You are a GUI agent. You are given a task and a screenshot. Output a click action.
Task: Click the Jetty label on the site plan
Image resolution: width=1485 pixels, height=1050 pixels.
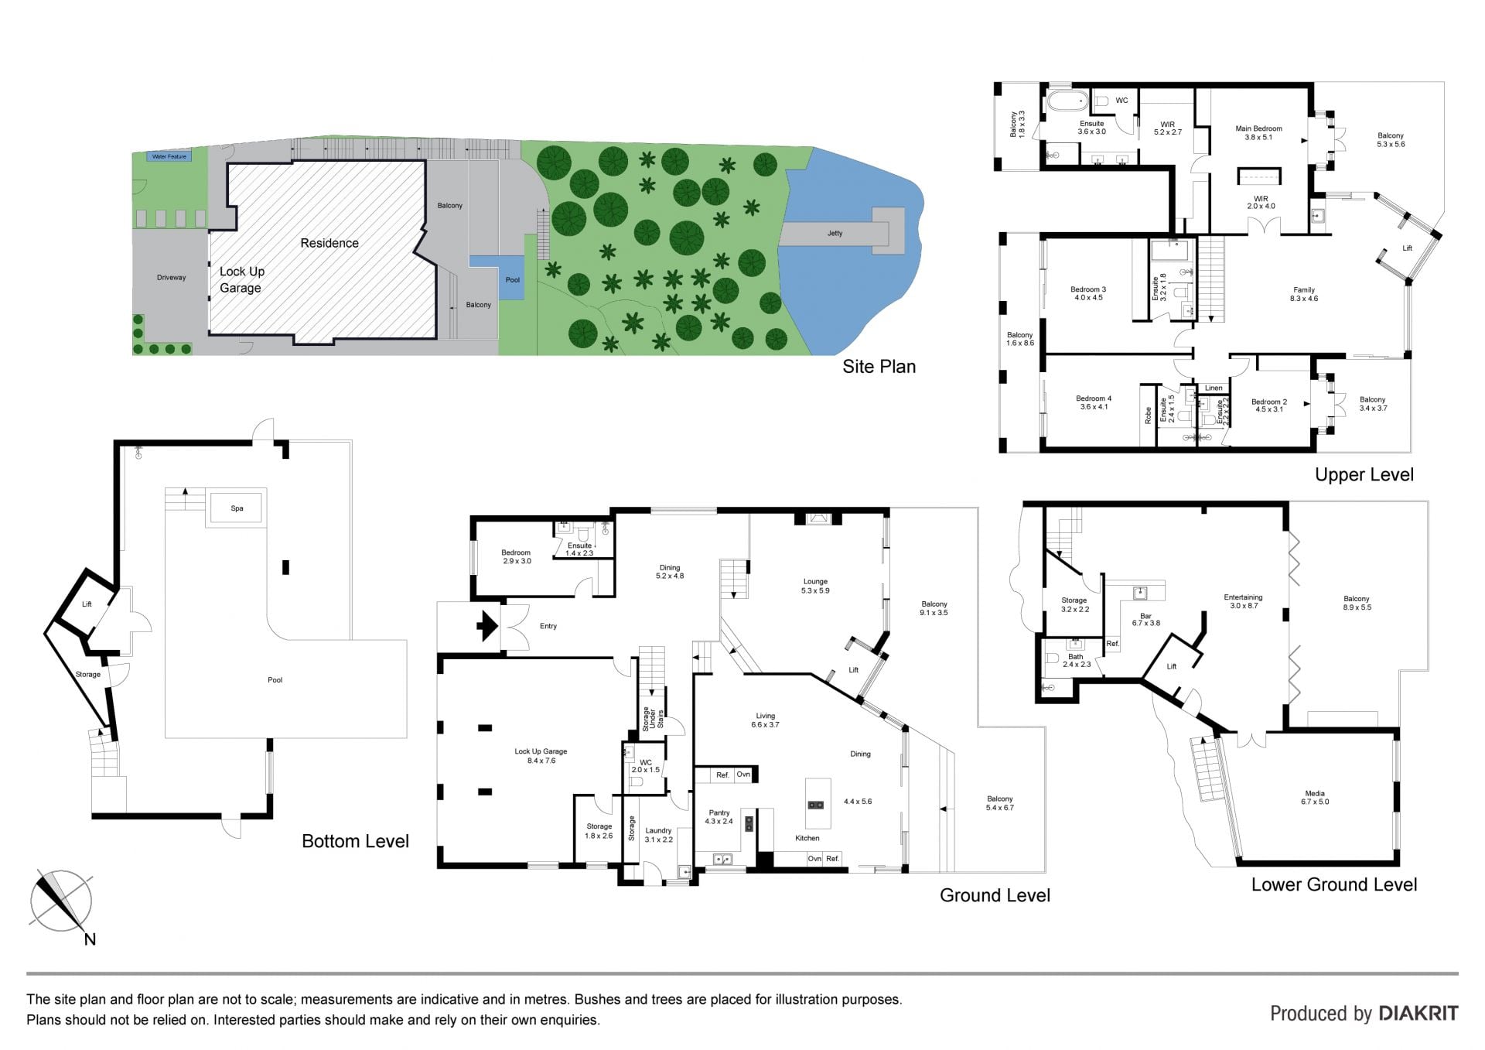835,233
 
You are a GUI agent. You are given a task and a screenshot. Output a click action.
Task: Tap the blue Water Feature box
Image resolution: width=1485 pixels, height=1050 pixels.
169,156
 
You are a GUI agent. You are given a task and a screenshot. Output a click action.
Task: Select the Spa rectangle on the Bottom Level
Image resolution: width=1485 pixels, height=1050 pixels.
237,508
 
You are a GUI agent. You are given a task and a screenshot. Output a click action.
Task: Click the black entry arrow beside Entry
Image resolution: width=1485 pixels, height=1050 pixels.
486,626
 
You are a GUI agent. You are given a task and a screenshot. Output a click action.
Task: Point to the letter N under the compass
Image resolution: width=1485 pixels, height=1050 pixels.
90,939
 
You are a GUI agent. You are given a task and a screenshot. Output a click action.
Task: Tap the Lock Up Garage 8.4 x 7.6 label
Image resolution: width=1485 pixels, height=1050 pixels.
541,756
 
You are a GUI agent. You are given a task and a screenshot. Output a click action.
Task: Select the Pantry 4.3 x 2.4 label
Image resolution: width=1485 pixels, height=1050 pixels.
719,817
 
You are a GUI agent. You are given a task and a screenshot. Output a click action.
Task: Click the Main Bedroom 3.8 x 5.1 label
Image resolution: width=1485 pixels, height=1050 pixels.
1258,133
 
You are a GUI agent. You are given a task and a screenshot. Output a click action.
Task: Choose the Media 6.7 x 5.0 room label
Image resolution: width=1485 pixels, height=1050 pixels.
1315,798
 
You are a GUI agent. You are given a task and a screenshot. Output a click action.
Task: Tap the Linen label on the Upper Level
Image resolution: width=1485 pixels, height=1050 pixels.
1214,388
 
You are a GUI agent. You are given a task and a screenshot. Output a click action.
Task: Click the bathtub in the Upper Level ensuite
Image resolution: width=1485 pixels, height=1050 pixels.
1068,101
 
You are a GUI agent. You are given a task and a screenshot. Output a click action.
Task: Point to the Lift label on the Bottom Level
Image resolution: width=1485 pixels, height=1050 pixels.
87,604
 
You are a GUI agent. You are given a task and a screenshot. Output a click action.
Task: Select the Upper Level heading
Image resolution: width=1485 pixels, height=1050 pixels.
1364,474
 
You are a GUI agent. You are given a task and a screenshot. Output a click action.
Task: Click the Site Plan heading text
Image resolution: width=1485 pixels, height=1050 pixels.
879,367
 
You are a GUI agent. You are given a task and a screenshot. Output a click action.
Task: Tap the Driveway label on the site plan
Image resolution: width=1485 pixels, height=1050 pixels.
171,277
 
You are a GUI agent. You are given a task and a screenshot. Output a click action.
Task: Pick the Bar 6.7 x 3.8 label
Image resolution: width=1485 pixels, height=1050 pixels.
1145,619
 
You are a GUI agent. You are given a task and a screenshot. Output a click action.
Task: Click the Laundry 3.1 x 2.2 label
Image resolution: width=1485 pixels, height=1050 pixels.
658,835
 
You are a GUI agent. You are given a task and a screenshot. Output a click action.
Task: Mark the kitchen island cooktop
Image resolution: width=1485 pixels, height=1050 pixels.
815,804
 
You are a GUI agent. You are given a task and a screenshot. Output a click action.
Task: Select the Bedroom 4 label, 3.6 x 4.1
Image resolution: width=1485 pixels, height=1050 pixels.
1094,402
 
